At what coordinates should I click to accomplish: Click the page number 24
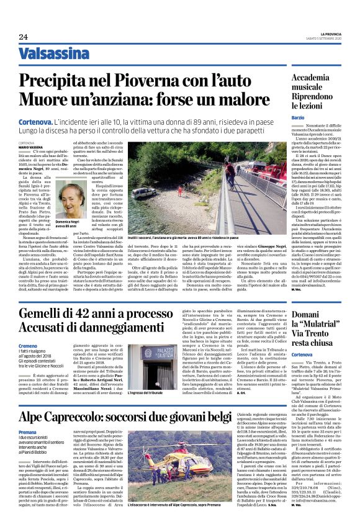click(24, 36)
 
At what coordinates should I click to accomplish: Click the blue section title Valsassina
click(53, 54)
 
